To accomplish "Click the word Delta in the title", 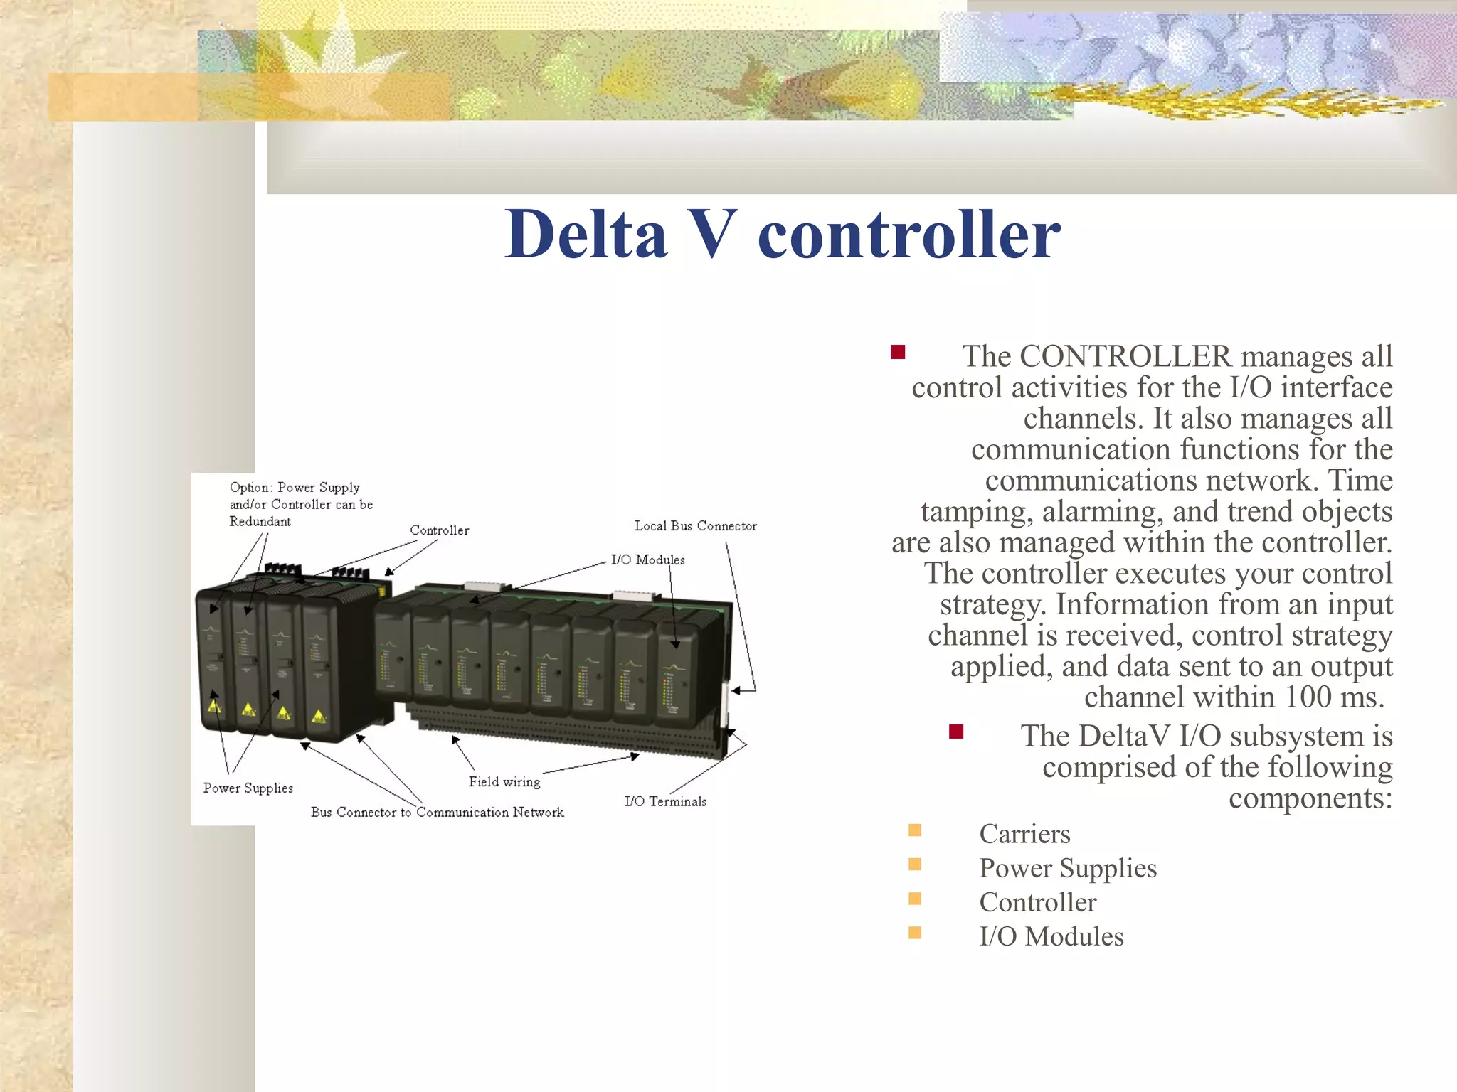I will click(x=586, y=234).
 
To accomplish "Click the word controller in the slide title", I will click(x=908, y=234).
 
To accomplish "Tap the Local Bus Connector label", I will click(x=695, y=526).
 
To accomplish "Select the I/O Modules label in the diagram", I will click(x=647, y=560).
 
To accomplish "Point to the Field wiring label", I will click(x=504, y=781).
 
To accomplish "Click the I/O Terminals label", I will click(x=665, y=801).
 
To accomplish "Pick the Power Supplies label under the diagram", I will click(x=248, y=788).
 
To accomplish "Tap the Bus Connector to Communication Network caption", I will click(x=437, y=812).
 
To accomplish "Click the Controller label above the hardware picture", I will click(x=439, y=530).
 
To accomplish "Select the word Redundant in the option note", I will click(x=260, y=521).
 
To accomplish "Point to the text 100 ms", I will click(x=1334, y=697).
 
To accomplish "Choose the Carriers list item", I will click(x=1024, y=834).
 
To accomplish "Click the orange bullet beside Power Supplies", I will click(x=915, y=864).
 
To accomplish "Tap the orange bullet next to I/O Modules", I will click(x=915, y=933).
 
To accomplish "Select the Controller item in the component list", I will click(x=1037, y=902).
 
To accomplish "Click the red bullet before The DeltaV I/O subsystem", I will click(x=956, y=732).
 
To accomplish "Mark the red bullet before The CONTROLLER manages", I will click(x=898, y=352).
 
